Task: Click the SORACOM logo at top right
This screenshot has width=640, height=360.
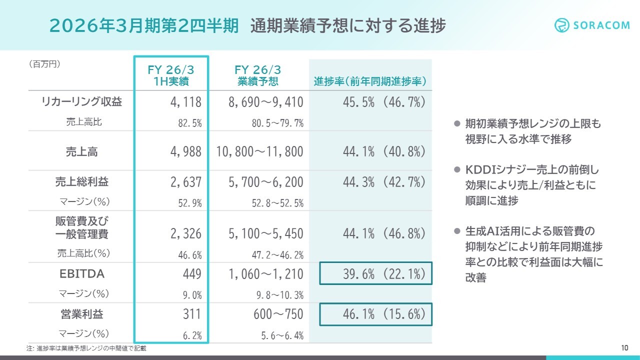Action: pyautogui.click(x=592, y=25)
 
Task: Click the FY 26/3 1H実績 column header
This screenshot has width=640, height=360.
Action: pyautogui.click(x=171, y=75)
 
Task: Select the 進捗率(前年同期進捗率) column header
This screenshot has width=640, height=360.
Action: pyautogui.click(x=370, y=81)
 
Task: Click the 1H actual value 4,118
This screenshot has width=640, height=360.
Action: pyautogui.click(x=185, y=102)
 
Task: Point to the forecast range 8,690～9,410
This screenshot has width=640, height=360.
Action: pyautogui.click(x=265, y=102)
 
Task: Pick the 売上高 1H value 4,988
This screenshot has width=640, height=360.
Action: pyautogui.click(x=185, y=151)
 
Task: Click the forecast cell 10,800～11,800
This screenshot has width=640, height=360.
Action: pyautogui.click(x=260, y=151)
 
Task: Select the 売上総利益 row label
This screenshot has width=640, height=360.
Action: pyautogui.click(x=81, y=182)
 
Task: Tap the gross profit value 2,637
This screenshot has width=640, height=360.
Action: pyautogui.click(x=185, y=182)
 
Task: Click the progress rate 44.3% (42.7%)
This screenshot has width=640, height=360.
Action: pyautogui.click(x=384, y=182)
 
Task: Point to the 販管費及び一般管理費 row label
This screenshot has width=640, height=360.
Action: pyautogui.click(x=81, y=227)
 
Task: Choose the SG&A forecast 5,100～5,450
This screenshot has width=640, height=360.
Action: pyautogui.click(x=265, y=233)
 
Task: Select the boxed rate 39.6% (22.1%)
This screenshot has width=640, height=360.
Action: pyautogui.click(x=376, y=274)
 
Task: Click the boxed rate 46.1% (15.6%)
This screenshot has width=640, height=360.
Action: pyautogui.click(x=376, y=314)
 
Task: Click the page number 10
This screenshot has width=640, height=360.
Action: pyautogui.click(x=624, y=348)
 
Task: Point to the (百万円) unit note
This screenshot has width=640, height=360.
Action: pyautogui.click(x=44, y=64)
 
